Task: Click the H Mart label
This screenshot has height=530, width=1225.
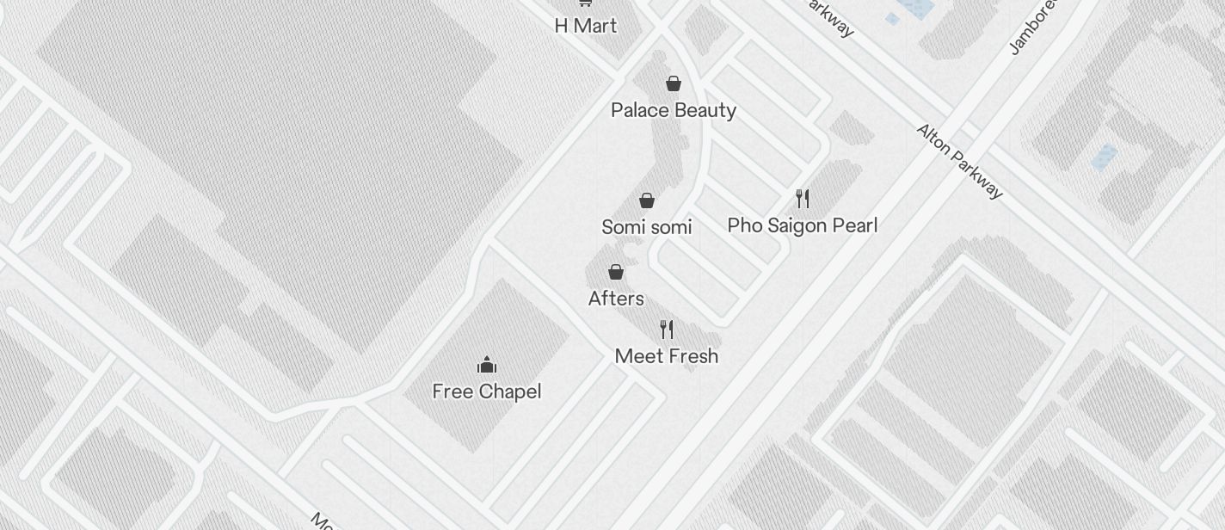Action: (585, 26)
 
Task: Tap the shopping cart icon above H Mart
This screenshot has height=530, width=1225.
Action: (585, 3)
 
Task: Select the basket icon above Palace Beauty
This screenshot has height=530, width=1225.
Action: (674, 83)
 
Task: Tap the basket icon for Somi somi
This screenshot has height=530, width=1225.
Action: (647, 200)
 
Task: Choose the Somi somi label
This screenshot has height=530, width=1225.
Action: (647, 227)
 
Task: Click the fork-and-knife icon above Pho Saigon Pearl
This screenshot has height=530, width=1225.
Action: (803, 199)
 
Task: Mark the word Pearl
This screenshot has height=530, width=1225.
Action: (854, 225)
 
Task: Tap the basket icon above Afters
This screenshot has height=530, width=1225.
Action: (616, 272)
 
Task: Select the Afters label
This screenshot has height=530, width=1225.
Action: (616, 299)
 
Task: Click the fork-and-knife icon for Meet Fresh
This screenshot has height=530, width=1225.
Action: (667, 329)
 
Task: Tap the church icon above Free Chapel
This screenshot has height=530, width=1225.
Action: (487, 364)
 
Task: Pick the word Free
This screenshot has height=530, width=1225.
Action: (452, 392)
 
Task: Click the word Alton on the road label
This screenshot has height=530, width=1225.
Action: (935, 142)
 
